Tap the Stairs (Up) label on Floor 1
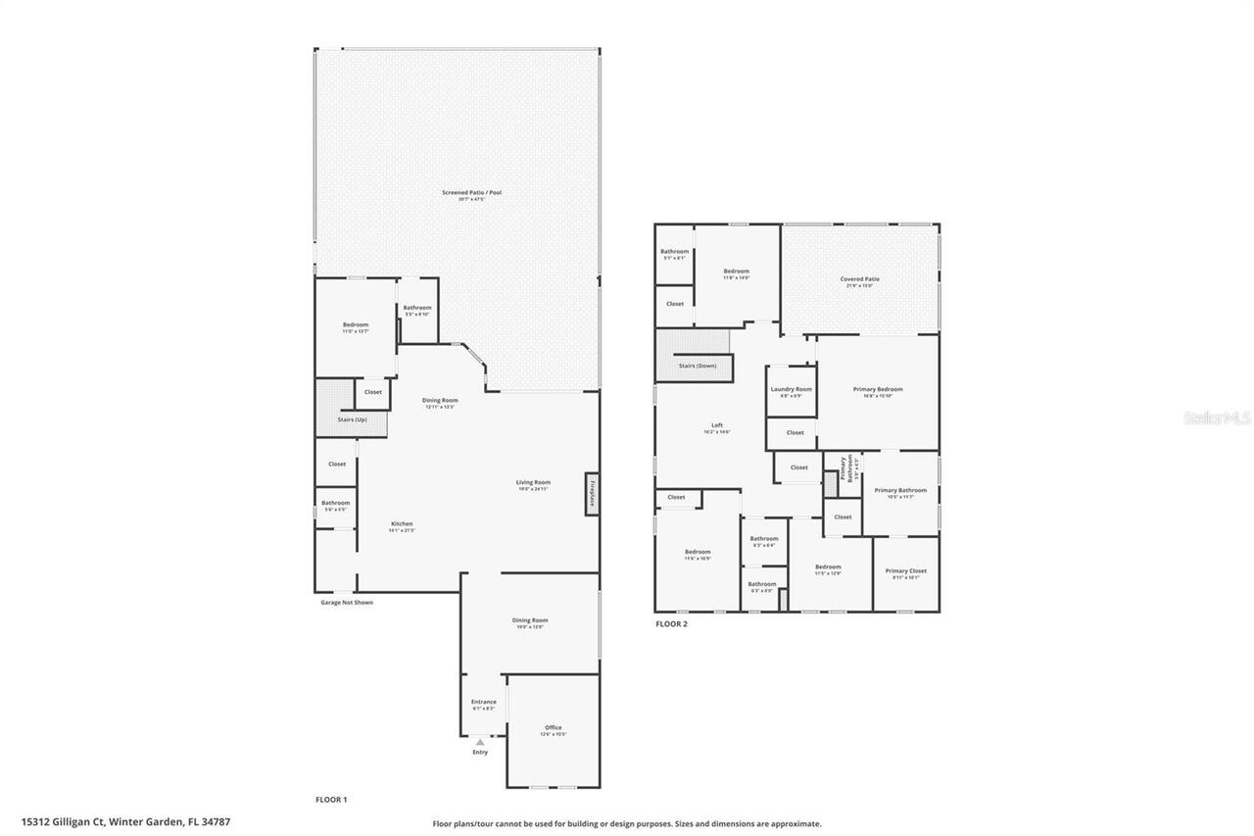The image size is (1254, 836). [353, 419]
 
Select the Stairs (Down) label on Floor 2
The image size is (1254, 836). [698, 366]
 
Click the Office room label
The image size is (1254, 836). [554, 727]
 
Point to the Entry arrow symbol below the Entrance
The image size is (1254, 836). [480, 743]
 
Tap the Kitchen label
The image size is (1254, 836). [402, 523]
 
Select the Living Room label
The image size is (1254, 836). [534, 482]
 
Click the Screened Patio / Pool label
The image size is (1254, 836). [471, 192]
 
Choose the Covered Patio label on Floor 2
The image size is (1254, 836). [859, 279]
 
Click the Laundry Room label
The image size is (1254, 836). [791, 389]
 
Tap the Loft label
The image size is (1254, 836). [717, 425]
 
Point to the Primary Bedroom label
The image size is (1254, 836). [878, 389]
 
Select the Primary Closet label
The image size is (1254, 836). [905, 570]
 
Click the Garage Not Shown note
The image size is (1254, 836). [347, 602]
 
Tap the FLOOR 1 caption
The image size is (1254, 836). [331, 800]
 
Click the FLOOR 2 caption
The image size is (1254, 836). [671, 623]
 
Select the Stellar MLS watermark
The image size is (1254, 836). [1216, 418]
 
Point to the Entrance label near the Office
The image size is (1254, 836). [484, 702]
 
